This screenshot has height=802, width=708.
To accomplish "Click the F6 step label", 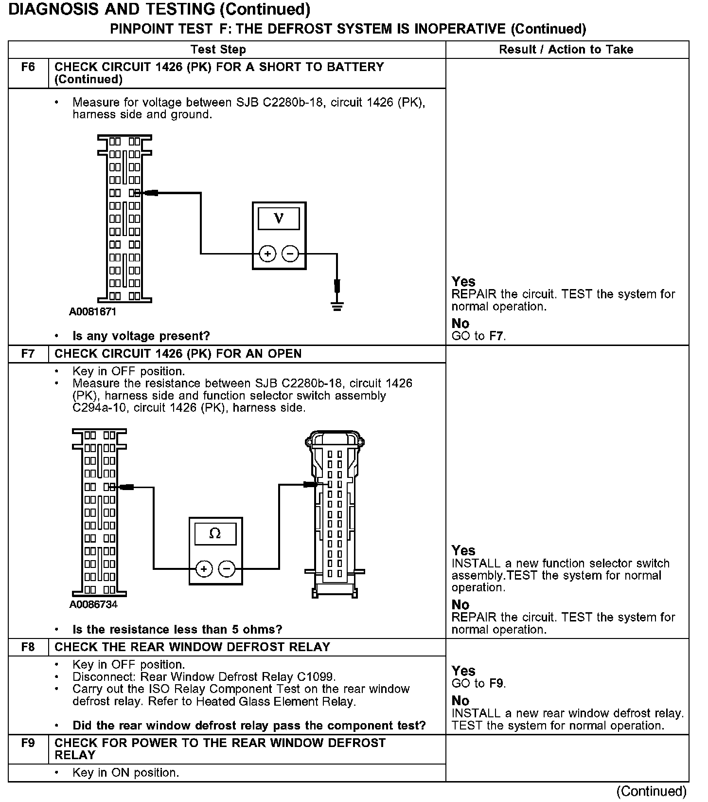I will tap(28, 67).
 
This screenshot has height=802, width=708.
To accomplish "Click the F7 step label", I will tap(28, 354).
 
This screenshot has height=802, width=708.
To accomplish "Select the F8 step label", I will tap(28, 647).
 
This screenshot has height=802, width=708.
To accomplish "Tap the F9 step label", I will tap(28, 743).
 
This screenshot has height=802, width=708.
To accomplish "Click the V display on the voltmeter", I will tap(279, 219).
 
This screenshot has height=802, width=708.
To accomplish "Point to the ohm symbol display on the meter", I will tap(215, 534).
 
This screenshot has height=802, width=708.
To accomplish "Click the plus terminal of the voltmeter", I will tap(267, 254).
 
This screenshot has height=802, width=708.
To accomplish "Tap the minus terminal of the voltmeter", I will tap(290, 254).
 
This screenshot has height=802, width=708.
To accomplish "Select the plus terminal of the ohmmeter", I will tap(204, 568).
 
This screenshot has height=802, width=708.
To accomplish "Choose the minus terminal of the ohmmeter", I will tap(227, 568).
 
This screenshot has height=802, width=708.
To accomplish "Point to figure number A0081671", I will tap(92, 312).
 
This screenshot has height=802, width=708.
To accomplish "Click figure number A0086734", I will tap(93, 605).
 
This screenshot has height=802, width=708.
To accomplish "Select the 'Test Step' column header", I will tap(218, 50).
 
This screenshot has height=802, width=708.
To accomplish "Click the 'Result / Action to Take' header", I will tap(566, 50).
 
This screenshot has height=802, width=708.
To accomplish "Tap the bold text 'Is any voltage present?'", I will tap(141, 336).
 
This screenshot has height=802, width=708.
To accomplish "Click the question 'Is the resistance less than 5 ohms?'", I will tap(177, 630).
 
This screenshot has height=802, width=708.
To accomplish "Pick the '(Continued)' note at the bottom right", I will tap(651, 791).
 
